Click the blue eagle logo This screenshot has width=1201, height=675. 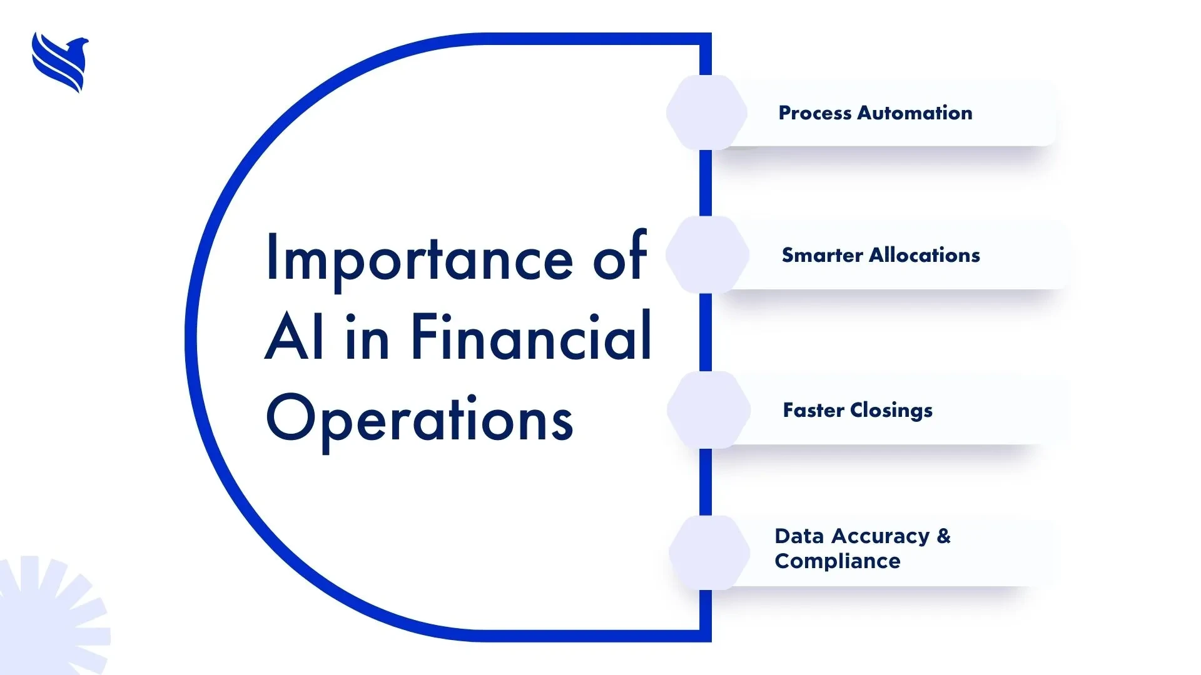(x=60, y=62)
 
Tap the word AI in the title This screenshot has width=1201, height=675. (x=295, y=337)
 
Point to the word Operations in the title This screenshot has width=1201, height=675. (x=420, y=419)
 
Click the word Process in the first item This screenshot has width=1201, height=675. (x=815, y=113)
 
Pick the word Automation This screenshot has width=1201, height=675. (x=915, y=113)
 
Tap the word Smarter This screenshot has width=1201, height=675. (x=823, y=255)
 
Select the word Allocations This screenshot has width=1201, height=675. (x=925, y=255)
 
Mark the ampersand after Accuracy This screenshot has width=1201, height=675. (x=943, y=536)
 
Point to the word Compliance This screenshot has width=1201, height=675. (x=838, y=561)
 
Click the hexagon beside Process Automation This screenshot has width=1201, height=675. (x=707, y=112)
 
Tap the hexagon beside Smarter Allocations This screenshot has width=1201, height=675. (x=707, y=254)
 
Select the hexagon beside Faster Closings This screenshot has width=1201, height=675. (x=709, y=410)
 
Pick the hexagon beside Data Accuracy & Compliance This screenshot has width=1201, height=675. (x=709, y=552)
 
